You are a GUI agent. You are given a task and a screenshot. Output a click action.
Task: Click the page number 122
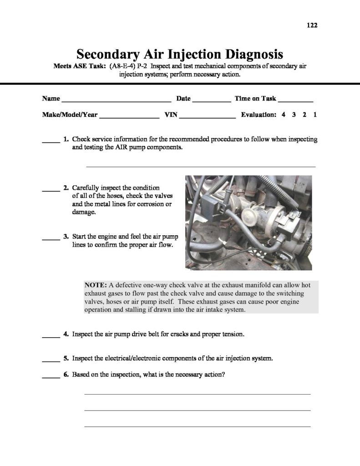312,25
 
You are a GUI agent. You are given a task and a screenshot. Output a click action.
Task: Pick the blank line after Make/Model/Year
129,117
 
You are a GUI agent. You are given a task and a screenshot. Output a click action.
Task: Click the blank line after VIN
207,117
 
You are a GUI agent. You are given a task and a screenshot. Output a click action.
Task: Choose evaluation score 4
284,115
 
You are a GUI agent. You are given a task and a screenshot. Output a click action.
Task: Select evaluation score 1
315,115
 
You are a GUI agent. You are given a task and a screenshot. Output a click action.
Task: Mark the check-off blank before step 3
51,239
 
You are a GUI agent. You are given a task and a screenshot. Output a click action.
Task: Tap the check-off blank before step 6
51,377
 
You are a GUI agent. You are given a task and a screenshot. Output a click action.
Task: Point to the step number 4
66,334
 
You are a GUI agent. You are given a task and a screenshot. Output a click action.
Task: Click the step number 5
66,358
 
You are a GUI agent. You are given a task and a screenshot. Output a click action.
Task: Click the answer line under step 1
200,167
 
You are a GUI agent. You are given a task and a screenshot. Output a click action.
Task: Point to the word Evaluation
259,115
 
